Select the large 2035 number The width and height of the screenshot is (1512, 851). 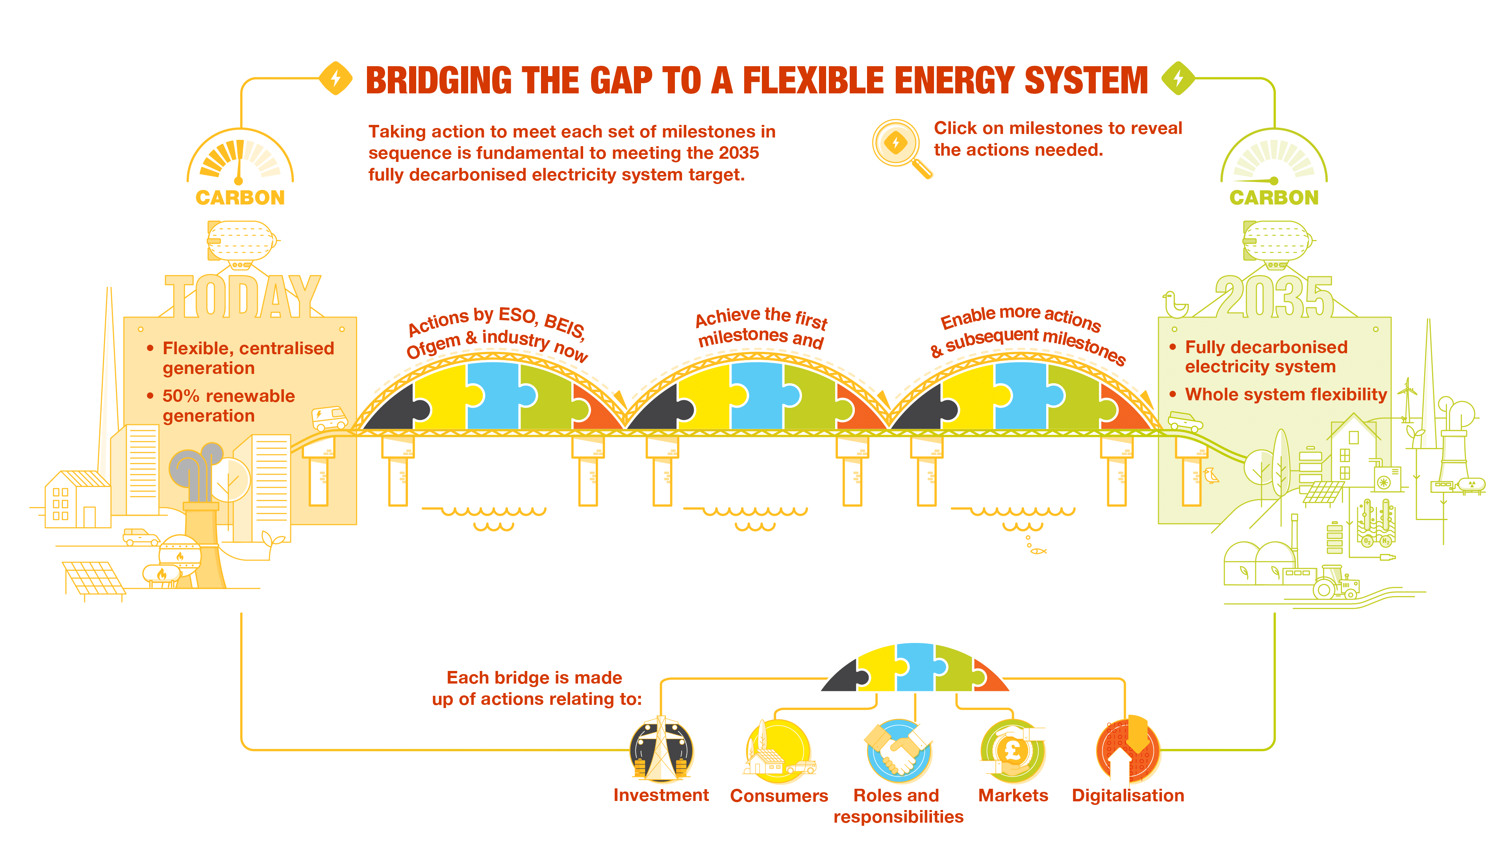coord(1274,298)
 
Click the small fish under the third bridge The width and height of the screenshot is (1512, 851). coord(1038,551)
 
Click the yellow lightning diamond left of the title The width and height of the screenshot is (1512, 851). coord(336,78)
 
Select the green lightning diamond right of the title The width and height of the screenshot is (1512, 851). coord(1178,78)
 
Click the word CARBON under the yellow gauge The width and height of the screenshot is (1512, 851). coord(240,198)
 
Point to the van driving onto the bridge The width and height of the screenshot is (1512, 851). coord(329,418)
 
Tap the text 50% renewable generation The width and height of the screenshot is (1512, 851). coord(228,406)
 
